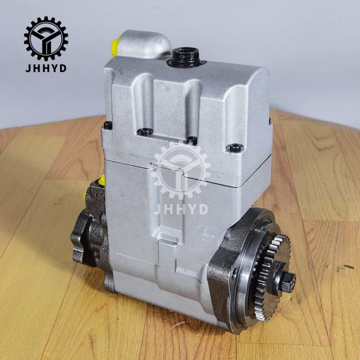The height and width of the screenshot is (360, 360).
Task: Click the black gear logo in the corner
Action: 46,39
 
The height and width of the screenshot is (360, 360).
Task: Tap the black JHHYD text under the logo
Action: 46,68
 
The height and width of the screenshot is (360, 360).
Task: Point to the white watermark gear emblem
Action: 181,171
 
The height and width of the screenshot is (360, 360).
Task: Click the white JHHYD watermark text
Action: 181,209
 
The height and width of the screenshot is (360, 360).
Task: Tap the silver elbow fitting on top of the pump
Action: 143,45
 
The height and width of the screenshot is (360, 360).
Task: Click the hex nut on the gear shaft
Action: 288,282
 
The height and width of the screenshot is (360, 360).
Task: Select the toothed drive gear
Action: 272,278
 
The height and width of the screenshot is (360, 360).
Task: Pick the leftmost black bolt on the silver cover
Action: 108,125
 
